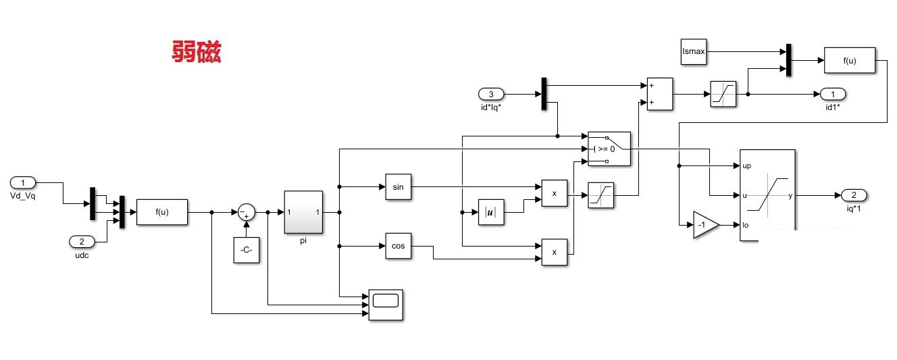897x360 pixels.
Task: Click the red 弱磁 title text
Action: click(x=197, y=51)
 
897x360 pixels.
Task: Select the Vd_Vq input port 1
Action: click(x=23, y=182)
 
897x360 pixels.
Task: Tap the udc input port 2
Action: click(x=82, y=242)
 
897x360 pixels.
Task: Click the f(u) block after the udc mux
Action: click(x=162, y=212)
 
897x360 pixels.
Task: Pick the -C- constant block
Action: click(x=247, y=250)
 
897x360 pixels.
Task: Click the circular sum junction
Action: click(x=247, y=212)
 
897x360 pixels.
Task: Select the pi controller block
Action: click(x=303, y=212)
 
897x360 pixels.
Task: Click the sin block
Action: click(x=398, y=186)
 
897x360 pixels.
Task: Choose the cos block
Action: click(x=398, y=246)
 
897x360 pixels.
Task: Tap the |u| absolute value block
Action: click(x=491, y=212)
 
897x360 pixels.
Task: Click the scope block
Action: click(x=386, y=305)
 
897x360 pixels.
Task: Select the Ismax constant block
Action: click(x=694, y=51)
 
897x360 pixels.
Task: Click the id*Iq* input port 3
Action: click(x=491, y=94)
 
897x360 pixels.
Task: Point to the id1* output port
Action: click(x=833, y=94)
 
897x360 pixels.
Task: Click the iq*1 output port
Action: click(x=854, y=195)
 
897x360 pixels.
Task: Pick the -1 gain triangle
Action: click(x=706, y=225)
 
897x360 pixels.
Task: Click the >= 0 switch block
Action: click(x=609, y=149)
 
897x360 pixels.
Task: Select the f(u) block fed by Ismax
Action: click(x=849, y=60)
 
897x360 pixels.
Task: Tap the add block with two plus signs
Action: click(x=660, y=94)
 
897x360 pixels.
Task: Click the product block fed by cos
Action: click(x=555, y=253)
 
